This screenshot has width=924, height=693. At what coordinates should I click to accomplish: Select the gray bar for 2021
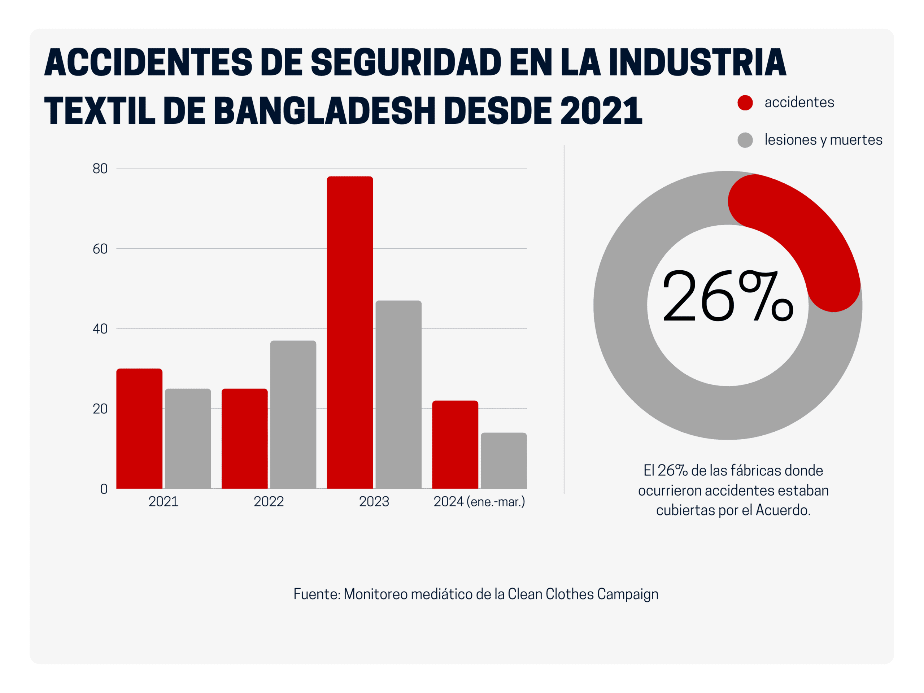[x=188, y=438]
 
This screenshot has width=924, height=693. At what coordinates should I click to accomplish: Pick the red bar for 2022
[x=244, y=438]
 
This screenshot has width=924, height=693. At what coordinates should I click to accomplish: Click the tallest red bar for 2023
[x=350, y=332]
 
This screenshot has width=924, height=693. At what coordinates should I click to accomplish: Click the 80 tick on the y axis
[x=100, y=169]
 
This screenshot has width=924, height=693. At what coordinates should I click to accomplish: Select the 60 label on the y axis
[x=100, y=249]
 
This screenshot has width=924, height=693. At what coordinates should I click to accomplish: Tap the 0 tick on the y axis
[x=104, y=489]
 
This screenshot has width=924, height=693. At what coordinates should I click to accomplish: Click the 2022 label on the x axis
[x=269, y=502]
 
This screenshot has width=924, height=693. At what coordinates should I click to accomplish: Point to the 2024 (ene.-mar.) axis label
[x=479, y=502]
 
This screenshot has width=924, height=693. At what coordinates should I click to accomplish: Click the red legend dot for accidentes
[x=745, y=103]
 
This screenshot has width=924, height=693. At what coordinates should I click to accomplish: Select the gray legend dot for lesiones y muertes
[x=745, y=140]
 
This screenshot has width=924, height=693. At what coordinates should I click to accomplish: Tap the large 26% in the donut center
[x=727, y=297]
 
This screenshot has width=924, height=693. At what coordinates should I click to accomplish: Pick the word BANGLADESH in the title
[x=324, y=111]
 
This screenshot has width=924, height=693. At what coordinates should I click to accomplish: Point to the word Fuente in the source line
[x=317, y=594]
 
